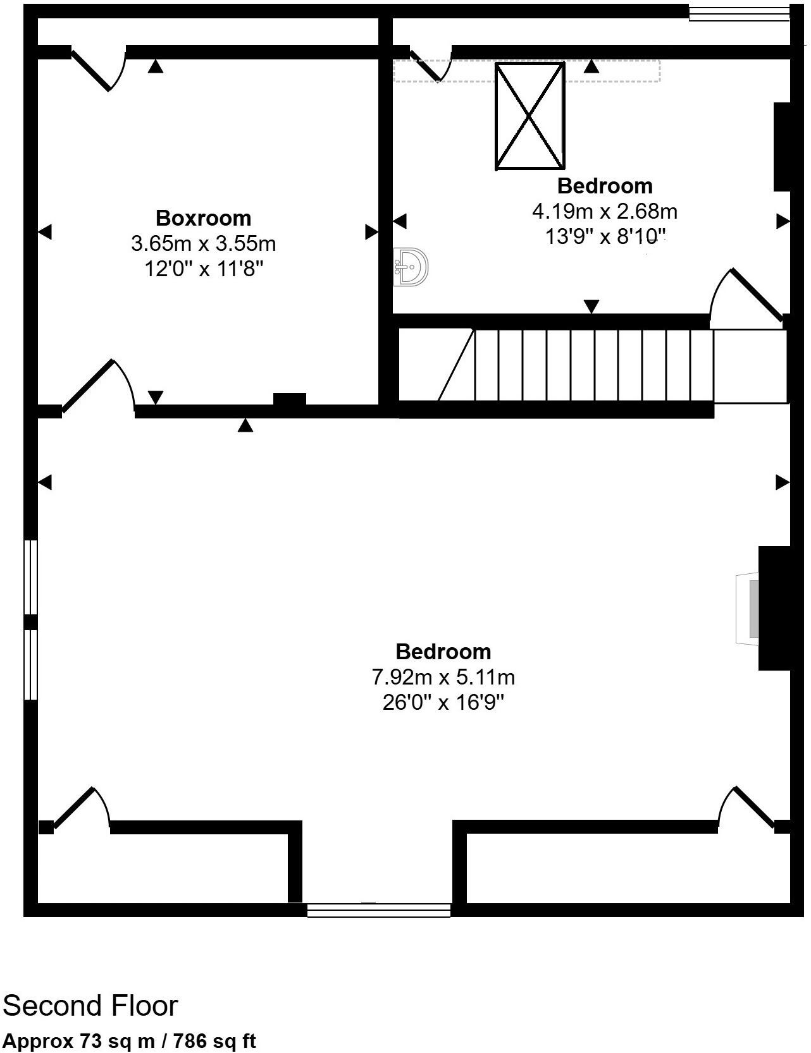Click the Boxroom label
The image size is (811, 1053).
(x=203, y=218)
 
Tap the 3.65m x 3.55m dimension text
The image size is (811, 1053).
(x=203, y=243)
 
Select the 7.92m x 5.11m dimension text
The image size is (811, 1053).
(x=443, y=677)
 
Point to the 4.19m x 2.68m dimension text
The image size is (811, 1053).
(x=605, y=210)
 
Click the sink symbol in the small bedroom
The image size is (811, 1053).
(x=411, y=267)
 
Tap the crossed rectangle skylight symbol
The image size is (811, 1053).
(x=529, y=116)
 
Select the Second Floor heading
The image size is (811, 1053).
(x=90, y=1005)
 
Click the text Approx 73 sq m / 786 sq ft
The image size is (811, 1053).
(x=130, y=1041)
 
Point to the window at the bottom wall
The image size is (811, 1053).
(x=379, y=910)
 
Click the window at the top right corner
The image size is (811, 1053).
(x=738, y=13)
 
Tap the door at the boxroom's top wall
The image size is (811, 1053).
(x=98, y=68)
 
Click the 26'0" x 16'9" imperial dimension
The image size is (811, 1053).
(x=443, y=702)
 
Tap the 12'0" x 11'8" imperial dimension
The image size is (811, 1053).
(x=203, y=269)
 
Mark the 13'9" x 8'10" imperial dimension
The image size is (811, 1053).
(x=605, y=236)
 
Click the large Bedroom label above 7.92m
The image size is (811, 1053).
(x=443, y=651)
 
